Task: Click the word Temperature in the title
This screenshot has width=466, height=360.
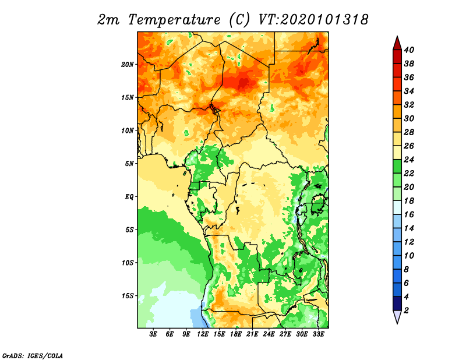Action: (174, 20)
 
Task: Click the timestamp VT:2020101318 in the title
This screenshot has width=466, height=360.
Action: (313, 20)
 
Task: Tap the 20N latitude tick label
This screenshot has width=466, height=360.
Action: (128, 65)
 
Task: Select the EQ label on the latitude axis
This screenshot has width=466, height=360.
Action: (129, 197)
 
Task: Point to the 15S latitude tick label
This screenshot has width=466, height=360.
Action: (128, 296)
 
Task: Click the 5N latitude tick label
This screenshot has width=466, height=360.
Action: (129, 164)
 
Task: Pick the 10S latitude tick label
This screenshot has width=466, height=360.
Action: (128, 263)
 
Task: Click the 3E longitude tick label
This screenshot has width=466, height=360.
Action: (153, 334)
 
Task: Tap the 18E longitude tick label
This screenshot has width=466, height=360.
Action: (236, 334)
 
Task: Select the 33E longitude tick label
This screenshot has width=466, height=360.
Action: (318, 334)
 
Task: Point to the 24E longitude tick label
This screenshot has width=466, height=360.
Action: (269, 334)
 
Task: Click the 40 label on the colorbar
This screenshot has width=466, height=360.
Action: (409, 50)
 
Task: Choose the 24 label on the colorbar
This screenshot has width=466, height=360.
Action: (409, 160)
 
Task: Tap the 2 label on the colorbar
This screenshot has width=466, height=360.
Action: (406, 310)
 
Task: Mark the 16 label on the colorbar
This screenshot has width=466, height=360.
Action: (409, 214)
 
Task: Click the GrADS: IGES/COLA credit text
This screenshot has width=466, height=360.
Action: (33, 355)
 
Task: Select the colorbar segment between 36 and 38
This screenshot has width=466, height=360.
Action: (397, 70)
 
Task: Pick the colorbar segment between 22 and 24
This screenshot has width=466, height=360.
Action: (397, 167)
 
